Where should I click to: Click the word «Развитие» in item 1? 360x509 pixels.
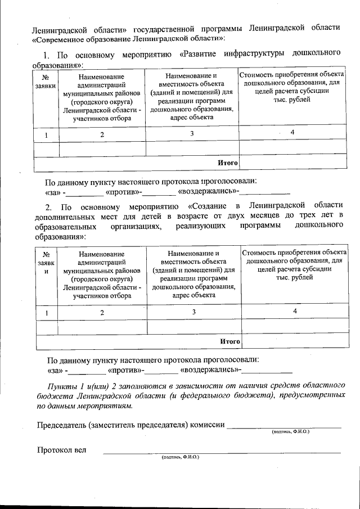pyautogui.click(x=204, y=55)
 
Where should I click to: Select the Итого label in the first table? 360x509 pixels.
pyautogui.click(x=228, y=163)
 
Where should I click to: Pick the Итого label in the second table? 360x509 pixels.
pyautogui.click(x=229, y=341)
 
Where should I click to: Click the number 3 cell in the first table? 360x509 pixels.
pyautogui.click(x=192, y=133)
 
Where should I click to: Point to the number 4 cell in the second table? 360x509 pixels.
pyautogui.click(x=294, y=311)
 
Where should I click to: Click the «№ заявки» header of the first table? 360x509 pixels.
pyautogui.click(x=45, y=82)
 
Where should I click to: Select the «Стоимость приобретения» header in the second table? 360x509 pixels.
pyautogui.click(x=294, y=253)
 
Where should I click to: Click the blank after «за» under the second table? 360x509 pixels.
pyautogui.click(x=88, y=371)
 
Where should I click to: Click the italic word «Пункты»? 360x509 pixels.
pyautogui.click(x=62, y=385)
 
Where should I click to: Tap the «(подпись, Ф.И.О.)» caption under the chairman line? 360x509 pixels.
pyautogui.click(x=290, y=432)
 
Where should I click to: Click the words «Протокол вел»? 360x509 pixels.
pyautogui.click(x=62, y=450)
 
